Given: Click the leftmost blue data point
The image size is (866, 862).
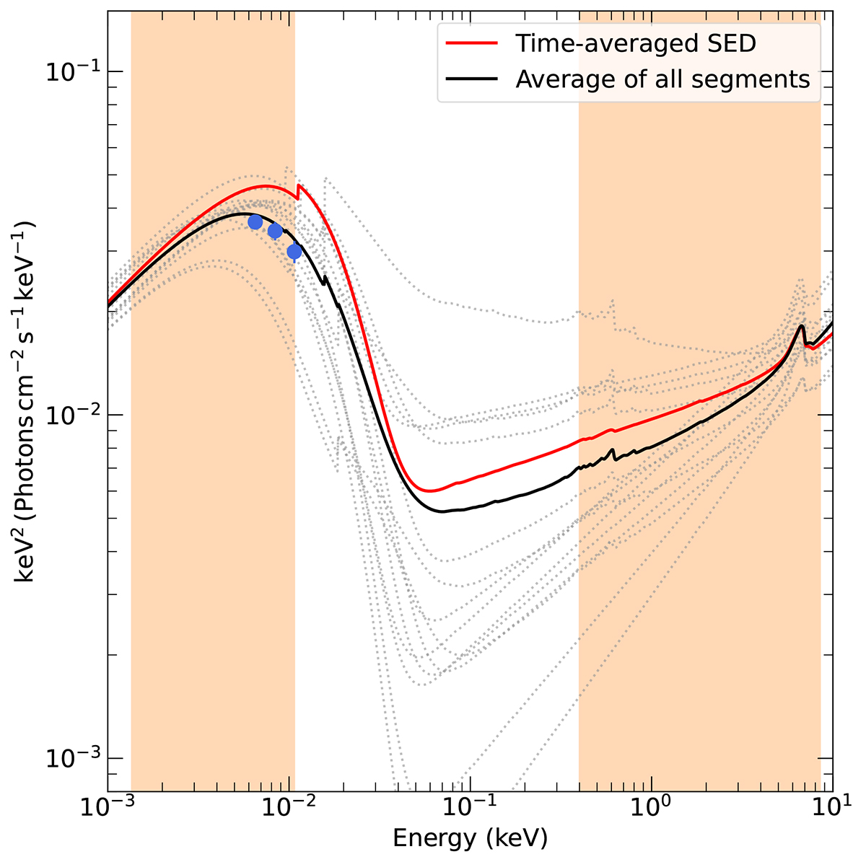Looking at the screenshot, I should pyautogui.click(x=255, y=221).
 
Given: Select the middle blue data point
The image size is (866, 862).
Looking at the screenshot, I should pyautogui.click(x=275, y=231).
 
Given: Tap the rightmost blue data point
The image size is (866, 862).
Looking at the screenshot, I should pyautogui.click(x=294, y=251).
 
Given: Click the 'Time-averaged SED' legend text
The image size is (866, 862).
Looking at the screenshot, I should pyautogui.click(x=636, y=43).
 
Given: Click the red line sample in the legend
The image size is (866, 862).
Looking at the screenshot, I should pyautogui.click(x=472, y=43).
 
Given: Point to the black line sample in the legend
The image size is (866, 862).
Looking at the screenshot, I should pyautogui.click(x=472, y=78).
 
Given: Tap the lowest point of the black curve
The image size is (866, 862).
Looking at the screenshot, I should pyautogui.click(x=442, y=511).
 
